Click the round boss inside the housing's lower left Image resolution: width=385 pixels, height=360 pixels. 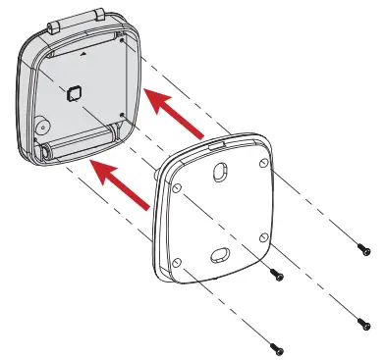click(x=40, y=129)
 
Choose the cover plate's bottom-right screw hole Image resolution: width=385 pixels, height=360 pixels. click(x=262, y=238)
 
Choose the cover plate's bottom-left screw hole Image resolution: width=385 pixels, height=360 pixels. click(x=176, y=262)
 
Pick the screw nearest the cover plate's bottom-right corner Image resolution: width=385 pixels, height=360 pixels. click(x=277, y=276)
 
